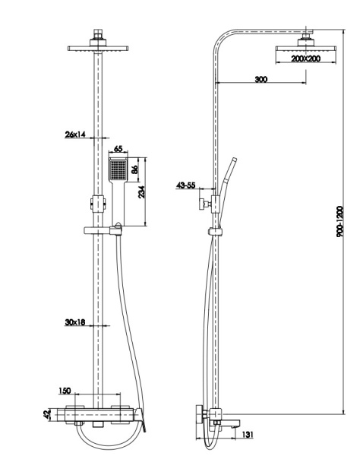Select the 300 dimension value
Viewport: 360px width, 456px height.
tap(261, 78)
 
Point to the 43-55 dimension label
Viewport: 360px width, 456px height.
tap(186, 185)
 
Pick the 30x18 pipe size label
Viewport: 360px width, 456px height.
tap(75, 322)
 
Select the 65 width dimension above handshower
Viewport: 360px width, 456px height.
tap(118, 150)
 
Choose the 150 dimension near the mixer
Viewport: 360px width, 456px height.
tap(65, 391)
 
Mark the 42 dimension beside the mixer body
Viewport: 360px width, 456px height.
tap(47, 414)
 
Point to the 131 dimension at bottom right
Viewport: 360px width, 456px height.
tap(247, 434)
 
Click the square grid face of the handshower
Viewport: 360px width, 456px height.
tap(118, 169)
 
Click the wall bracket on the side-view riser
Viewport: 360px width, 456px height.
tap(207, 203)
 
